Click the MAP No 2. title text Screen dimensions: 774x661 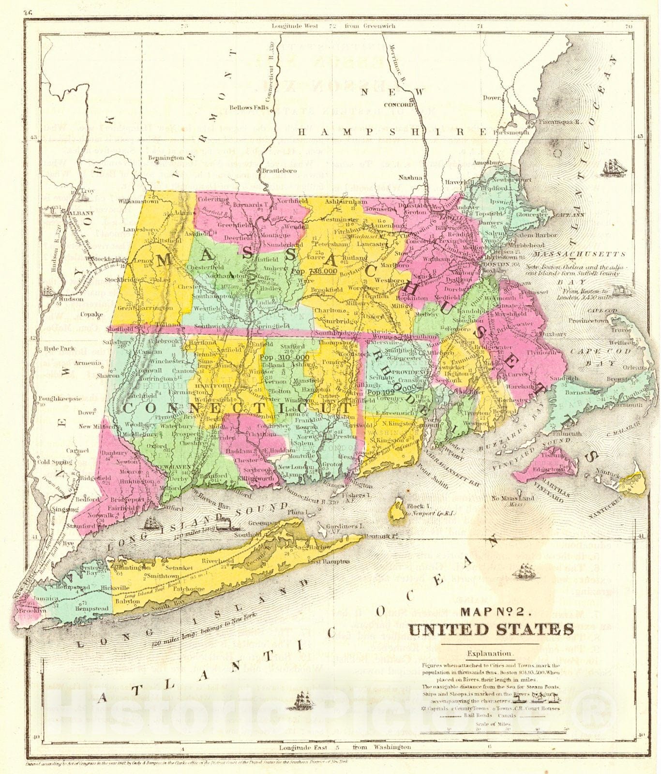point(496,611)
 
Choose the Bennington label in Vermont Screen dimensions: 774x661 point(166,158)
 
